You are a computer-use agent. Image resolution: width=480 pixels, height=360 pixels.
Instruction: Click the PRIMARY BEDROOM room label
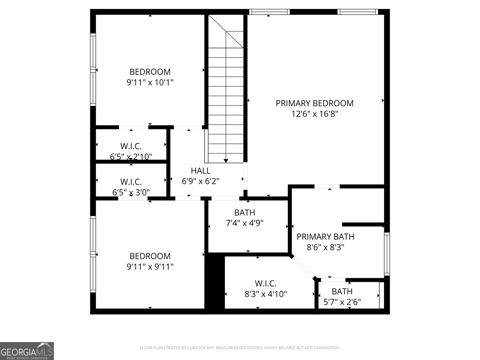pyautogui.click(x=314, y=103)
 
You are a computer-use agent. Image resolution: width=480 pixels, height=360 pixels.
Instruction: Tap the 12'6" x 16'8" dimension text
pyautogui.click(x=314, y=114)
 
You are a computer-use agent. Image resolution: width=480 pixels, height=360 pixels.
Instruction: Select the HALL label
pyautogui.click(x=201, y=171)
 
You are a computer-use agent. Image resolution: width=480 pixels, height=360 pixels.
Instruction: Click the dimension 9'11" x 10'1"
pyautogui.click(x=150, y=82)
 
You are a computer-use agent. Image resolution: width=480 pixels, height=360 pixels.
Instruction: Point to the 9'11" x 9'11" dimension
pyautogui.click(x=150, y=266)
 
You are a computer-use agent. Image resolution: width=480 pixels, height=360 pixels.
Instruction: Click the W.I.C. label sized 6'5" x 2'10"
pyautogui.click(x=131, y=146)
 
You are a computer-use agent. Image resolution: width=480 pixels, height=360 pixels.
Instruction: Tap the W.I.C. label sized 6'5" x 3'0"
pyautogui.click(x=131, y=182)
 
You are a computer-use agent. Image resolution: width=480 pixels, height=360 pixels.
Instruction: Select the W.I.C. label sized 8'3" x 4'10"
pyautogui.click(x=265, y=283)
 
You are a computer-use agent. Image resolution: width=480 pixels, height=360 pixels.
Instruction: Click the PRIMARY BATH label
pyautogui.click(x=325, y=237)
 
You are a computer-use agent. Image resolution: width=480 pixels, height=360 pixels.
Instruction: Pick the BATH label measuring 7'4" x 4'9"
pyautogui.click(x=244, y=213)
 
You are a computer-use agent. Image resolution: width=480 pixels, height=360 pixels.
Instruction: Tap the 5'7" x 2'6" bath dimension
pyautogui.click(x=342, y=302)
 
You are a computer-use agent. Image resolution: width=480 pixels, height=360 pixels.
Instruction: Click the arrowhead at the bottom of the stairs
pyautogui.click(x=226, y=161)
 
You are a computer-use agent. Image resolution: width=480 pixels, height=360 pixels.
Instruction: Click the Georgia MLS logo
pyautogui.click(x=27, y=351)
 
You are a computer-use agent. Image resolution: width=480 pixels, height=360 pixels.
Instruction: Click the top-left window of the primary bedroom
pyautogui.click(x=269, y=12)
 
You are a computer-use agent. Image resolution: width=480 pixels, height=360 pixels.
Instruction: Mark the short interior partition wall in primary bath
pyautogui.click(x=363, y=224)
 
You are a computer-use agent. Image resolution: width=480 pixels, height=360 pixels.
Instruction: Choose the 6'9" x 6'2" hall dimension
pyautogui.click(x=201, y=181)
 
